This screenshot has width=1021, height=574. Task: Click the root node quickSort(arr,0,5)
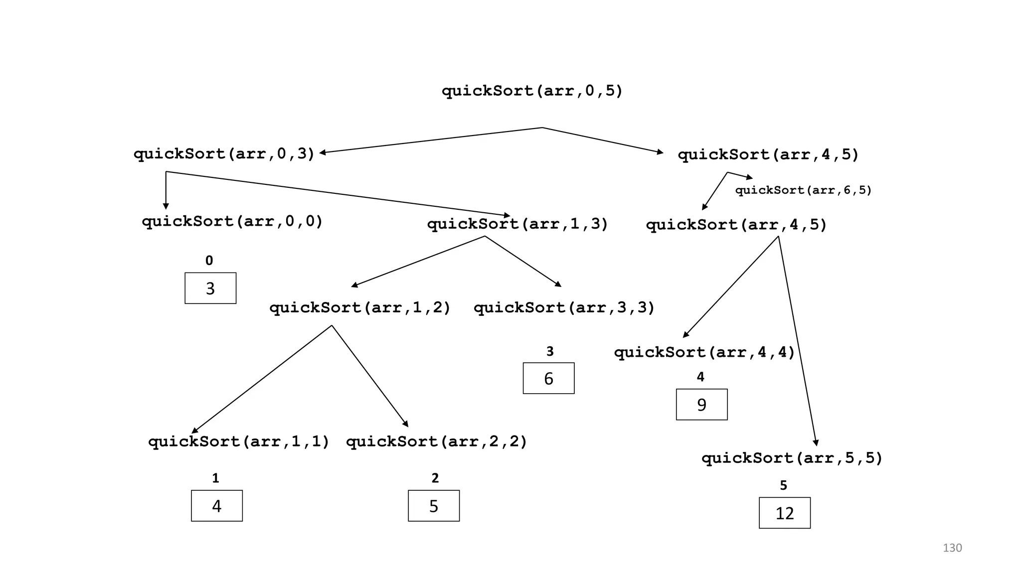(532, 91)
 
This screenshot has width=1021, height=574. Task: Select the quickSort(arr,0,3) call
(224, 154)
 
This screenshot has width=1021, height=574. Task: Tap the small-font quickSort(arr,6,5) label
(803, 190)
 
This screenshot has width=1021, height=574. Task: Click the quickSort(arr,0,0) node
(232, 221)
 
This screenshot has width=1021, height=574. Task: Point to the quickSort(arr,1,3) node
(517, 224)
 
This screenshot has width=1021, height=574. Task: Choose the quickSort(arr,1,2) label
(360, 308)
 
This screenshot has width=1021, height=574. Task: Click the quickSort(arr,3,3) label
(564, 308)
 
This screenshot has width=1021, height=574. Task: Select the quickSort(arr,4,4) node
(704, 353)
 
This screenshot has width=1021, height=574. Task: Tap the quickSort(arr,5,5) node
(792, 458)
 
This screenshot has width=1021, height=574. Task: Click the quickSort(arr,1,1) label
(239, 442)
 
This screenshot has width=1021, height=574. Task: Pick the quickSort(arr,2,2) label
(436, 442)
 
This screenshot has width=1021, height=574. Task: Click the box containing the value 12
(784, 513)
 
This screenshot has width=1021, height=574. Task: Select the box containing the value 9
(701, 405)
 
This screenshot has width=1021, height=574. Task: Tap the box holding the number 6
(548, 379)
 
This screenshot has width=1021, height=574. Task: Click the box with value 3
(210, 288)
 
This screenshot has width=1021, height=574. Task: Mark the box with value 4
(216, 506)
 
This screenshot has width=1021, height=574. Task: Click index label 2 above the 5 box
(435, 478)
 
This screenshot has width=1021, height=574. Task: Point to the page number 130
(952, 548)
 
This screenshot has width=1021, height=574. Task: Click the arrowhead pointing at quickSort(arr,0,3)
(323, 152)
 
